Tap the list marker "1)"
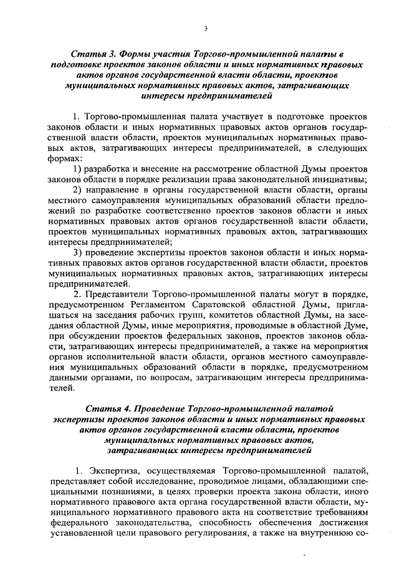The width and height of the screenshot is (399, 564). pos(78,170)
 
